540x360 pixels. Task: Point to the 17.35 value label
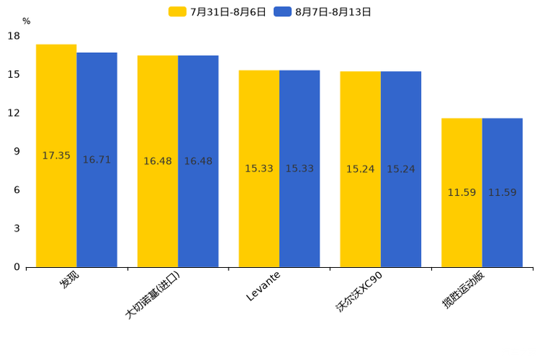tap(56, 156)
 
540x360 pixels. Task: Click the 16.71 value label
tap(97, 160)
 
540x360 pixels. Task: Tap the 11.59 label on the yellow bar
tap(462, 193)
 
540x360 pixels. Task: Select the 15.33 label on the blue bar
tap(299, 169)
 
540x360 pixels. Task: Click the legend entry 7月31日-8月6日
tap(218, 12)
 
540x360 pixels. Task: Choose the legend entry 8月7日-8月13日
tap(323, 12)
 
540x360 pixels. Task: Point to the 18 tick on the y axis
tap(14, 36)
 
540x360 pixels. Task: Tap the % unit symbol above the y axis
tap(26, 22)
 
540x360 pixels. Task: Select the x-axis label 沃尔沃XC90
tap(359, 291)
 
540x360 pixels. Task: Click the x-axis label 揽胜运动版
tap(463, 290)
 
